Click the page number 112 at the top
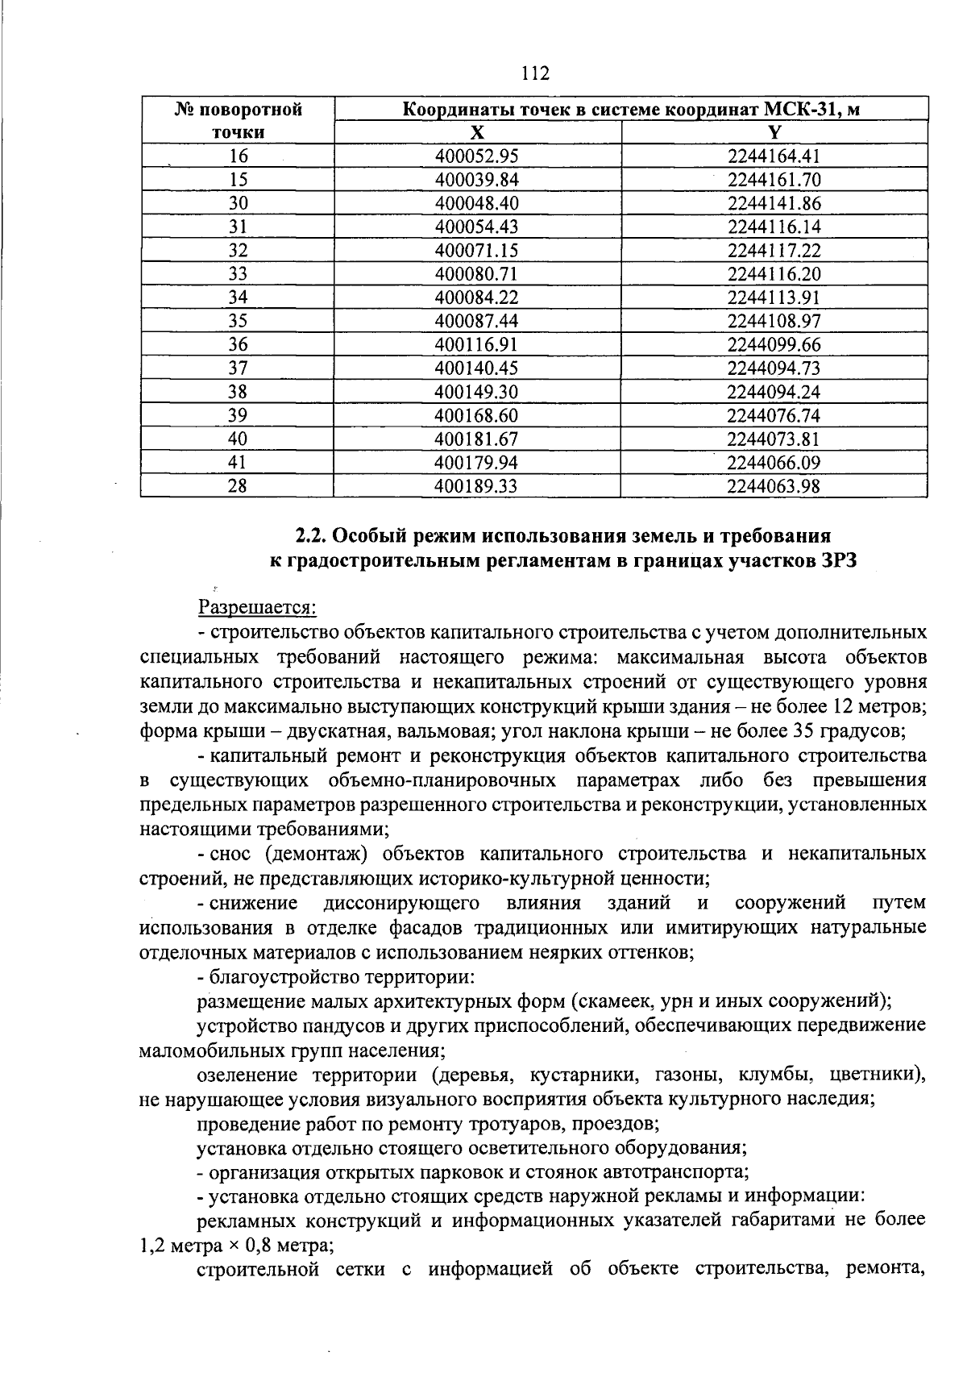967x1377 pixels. click(535, 74)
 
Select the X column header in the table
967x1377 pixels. click(477, 133)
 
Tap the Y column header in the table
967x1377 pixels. click(774, 133)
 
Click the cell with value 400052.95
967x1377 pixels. click(476, 156)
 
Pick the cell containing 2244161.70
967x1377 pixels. click(774, 180)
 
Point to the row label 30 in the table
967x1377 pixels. click(238, 203)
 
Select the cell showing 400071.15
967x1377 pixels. click(476, 251)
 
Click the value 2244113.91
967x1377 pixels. click(774, 297)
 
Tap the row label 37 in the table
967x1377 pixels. click(238, 368)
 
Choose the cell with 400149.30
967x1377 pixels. click(476, 392)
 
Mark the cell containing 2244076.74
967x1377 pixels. click(774, 415)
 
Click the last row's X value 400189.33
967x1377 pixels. click(476, 486)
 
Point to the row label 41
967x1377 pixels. click(238, 463)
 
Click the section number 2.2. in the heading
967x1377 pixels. click(310, 536)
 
